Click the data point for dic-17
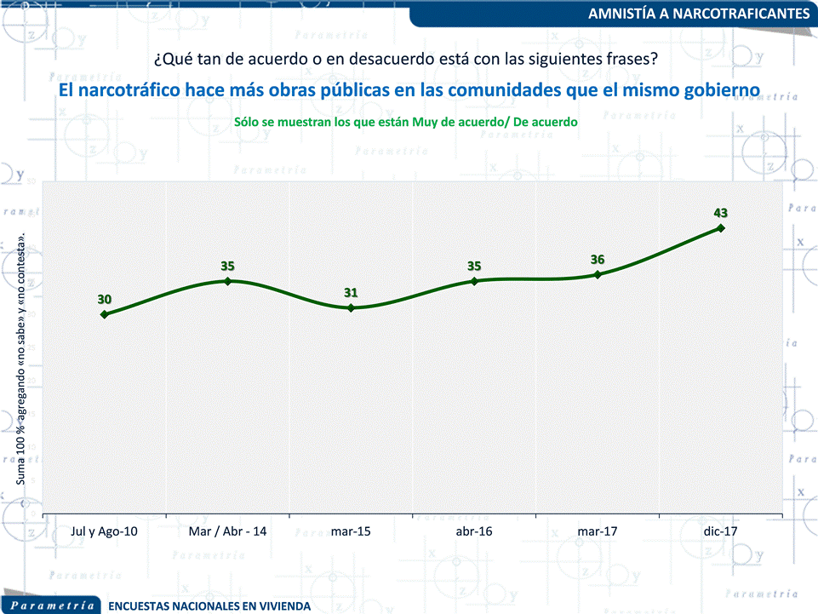721,228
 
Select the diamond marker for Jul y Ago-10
104,314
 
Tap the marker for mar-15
351,307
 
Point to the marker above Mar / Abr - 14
227,280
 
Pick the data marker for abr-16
474,280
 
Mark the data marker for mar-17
598,274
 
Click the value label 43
721,212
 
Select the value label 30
104,299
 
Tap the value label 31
351,292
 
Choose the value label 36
598,260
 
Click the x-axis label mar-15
351,531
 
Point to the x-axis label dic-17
721,531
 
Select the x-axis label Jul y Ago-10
104,531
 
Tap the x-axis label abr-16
474,531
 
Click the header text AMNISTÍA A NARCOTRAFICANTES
699,14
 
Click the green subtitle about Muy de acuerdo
406,122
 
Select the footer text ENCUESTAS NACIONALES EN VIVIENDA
209,606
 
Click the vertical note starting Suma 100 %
21,359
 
